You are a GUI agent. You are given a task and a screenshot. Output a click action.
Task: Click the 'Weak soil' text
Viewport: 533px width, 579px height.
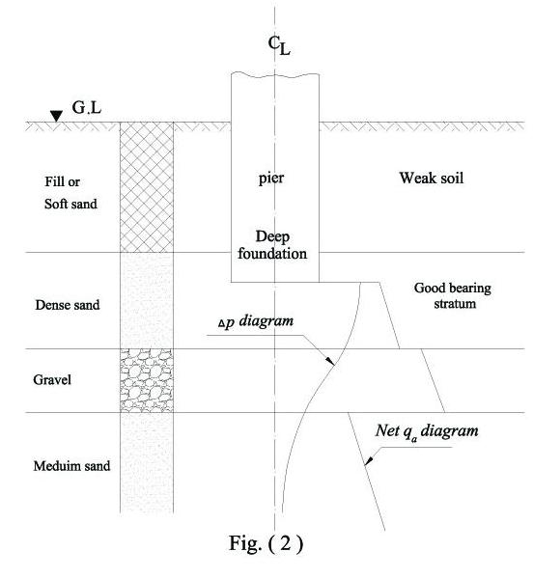click(432, 179)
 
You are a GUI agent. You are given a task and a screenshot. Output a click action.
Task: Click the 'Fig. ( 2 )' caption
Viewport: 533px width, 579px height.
click(262, 542)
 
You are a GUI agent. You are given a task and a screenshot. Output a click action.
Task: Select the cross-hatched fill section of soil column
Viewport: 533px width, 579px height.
click(146, 187)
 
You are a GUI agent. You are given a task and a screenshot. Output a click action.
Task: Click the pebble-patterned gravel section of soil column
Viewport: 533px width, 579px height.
click(146, 380)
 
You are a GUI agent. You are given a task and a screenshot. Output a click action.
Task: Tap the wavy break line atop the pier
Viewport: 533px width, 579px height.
click(275, 75)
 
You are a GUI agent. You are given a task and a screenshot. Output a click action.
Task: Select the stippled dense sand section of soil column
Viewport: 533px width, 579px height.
click(146, 300)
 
